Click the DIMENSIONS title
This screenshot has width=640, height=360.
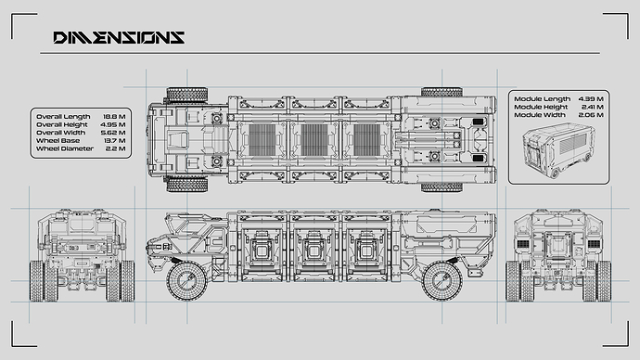(119, 37)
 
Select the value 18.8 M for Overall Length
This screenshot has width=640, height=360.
(114, 117)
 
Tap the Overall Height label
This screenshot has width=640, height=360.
(62, 124)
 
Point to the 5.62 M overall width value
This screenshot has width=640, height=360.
(113, 133)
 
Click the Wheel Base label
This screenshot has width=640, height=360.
(58, 140)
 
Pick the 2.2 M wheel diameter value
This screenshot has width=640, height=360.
(116, 148)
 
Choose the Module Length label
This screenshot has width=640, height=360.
(542, 98)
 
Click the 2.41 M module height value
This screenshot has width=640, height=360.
(593, 107)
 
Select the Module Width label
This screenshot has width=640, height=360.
(540, 115)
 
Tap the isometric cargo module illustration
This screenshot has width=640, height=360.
(558, 150)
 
